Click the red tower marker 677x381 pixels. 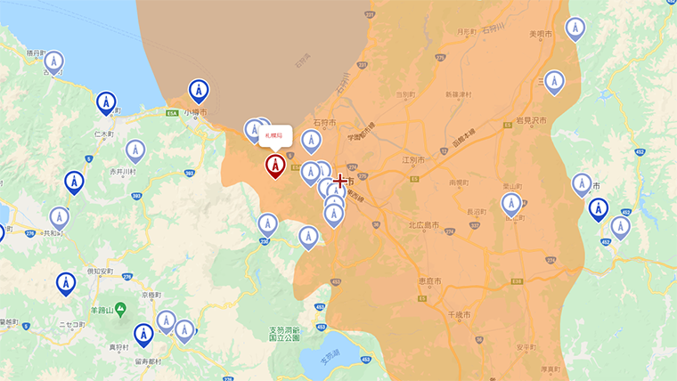275,166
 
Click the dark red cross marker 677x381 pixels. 339,181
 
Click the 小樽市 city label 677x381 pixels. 195,113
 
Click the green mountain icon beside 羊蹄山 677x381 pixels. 121,308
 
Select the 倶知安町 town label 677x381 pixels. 100,271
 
